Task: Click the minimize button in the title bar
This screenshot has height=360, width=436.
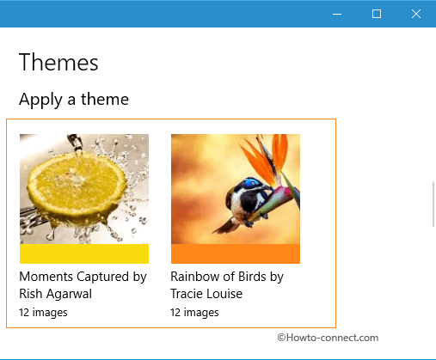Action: coord(337,14)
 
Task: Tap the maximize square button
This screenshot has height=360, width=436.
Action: coord(377,14)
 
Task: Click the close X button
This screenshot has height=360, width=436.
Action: coord(416,14)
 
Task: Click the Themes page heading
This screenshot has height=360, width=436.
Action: coord(58,62)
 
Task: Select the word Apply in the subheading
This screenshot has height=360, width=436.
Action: coord(40,100)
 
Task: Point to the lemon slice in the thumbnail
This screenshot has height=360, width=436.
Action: coord(77,186)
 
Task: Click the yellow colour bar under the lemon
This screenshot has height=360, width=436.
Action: coord(84,253)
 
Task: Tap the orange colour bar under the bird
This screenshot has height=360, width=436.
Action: coord(236,253)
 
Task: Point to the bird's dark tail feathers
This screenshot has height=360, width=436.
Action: coord(226,226)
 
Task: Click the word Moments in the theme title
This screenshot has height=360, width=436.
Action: coord(46,277)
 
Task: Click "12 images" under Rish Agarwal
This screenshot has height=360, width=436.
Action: coord(43,313)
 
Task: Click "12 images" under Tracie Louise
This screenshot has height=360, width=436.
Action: coord(194,313)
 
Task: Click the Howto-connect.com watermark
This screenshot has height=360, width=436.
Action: coord(328,338)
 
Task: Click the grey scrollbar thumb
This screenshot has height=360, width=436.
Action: coord(434,204)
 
